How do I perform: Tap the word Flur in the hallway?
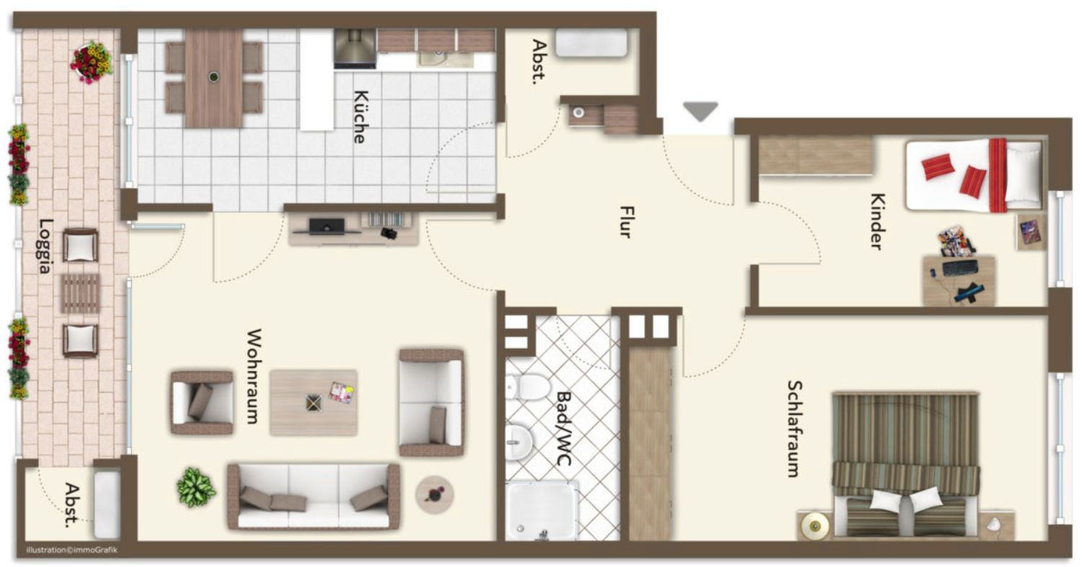point(626,222)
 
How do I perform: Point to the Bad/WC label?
point(564,429)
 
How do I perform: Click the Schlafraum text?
point(794,429)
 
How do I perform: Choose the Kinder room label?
point(878,222)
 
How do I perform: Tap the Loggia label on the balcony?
point(45,246)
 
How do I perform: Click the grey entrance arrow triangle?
point(701,112)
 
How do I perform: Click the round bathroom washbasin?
point(518,442)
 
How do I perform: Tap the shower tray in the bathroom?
point(541,510)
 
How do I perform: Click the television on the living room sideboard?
point(327,226)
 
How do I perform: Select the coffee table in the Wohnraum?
point(314,403)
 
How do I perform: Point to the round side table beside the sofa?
point(434,494)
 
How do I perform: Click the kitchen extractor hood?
point(355,48)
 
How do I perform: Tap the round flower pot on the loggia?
point(92,62)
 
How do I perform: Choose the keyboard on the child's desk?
point(960,267)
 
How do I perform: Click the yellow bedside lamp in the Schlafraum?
point(815,526)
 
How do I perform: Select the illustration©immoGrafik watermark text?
point(71,550)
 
